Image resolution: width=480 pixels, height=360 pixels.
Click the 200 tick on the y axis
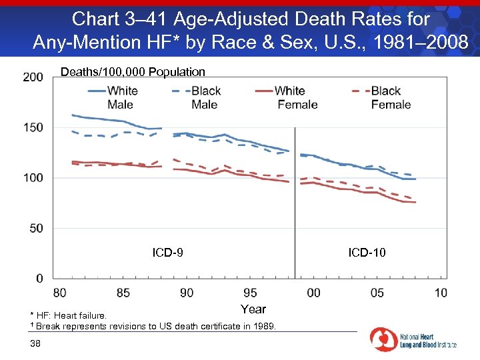tap(33, 77)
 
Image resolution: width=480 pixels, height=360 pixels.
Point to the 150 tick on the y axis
tap(33, 127)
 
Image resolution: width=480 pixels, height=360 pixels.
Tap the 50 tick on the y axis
tap(36, 228)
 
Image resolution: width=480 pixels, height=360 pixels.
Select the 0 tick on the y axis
tap(39, 278)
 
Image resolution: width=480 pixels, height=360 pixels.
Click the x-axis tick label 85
tap(123, 293)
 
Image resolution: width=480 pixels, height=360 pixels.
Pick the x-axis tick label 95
tap(250, 293)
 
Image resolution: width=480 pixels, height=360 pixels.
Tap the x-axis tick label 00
tap(313, 293)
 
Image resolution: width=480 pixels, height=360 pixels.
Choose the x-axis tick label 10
tap(441, 293)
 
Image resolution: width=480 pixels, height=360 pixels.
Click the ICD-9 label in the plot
tap(168, 253)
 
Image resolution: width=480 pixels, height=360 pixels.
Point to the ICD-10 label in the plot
tap(367, 253)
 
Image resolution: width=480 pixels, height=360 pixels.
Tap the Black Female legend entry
tap(387, 97)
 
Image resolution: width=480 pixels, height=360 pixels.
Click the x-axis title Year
tap(253, 309)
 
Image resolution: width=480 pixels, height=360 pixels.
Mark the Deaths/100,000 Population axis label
tap(133, 72)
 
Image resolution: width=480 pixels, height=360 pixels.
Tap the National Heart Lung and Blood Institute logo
tap(413, 340)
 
